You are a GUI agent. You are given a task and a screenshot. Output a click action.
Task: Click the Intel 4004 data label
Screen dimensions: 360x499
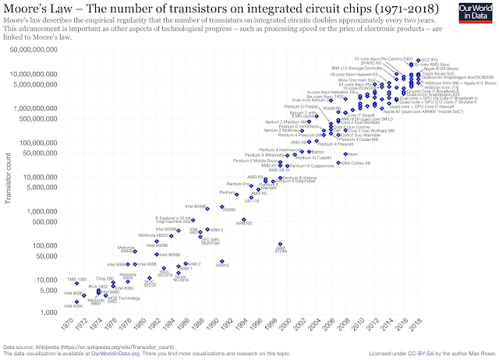pyautogui.click(x=62, y=306)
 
